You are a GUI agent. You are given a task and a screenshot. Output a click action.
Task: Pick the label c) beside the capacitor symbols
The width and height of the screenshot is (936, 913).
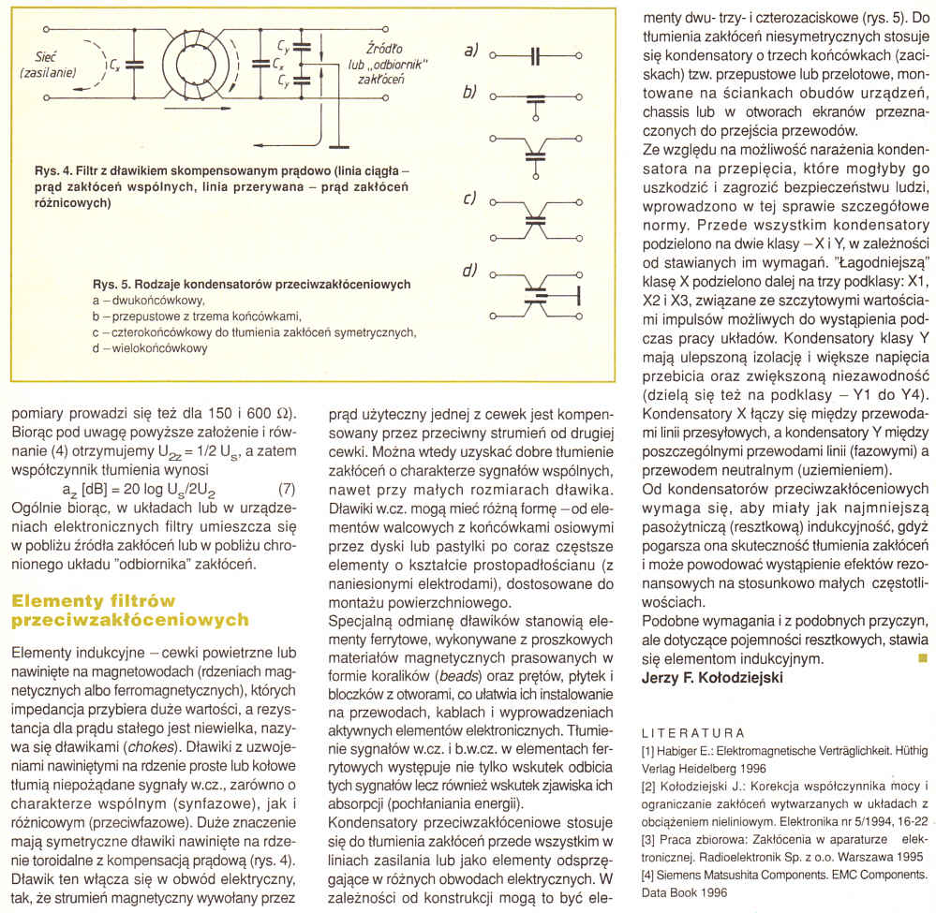(469, 200)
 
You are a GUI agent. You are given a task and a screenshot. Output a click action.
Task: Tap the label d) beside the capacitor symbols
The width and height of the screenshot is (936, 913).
(469, 272)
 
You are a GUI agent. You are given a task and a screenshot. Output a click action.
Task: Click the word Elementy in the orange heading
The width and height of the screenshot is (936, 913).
(57, 599)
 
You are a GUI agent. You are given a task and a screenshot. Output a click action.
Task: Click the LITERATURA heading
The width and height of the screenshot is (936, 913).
(692, 733)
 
